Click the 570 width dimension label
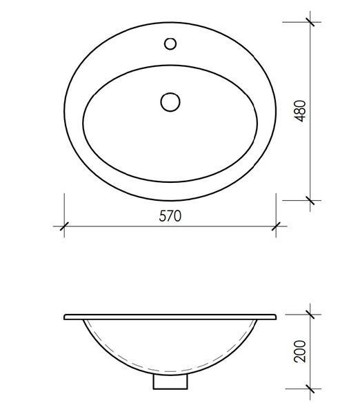(170, 216)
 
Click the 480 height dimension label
(300, 111)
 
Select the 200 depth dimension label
(300, 351)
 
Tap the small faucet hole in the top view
(170, 43)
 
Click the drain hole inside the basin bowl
(170, 102)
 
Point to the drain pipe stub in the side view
(170, 382)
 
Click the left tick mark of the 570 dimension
(64, 226)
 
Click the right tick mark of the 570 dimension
(276, 226)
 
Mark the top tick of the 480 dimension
(310, 22)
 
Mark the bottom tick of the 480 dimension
(310, 200)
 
